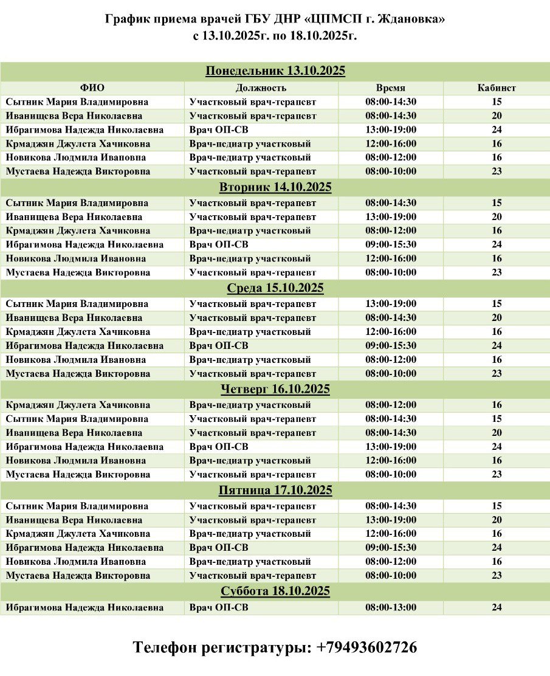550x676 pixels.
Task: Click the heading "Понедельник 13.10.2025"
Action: [275, 71]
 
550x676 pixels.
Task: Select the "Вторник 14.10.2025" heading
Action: [275, 187]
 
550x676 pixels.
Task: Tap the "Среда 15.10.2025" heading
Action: [275, 288]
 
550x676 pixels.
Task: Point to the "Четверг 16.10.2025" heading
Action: [275, 389]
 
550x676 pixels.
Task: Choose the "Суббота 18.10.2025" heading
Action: [275, 591]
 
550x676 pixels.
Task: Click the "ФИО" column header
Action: [92, 88]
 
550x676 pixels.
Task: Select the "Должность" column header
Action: [261, 88]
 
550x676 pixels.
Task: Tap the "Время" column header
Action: [390, 88]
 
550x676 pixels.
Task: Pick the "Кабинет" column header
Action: [497, 88]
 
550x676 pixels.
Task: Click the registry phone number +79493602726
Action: [366, 647]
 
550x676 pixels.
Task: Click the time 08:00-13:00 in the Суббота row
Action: [391, 607]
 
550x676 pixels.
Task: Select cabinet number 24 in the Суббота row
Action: [497, 607]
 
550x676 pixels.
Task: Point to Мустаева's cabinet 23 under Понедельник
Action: [497, 171]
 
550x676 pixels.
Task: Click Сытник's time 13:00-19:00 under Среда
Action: [391, 304]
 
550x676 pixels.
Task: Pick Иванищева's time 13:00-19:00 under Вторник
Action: [391, 217]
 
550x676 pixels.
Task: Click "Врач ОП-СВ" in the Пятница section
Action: [219, 548]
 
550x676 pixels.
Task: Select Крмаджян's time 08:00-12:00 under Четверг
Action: [391, 405]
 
